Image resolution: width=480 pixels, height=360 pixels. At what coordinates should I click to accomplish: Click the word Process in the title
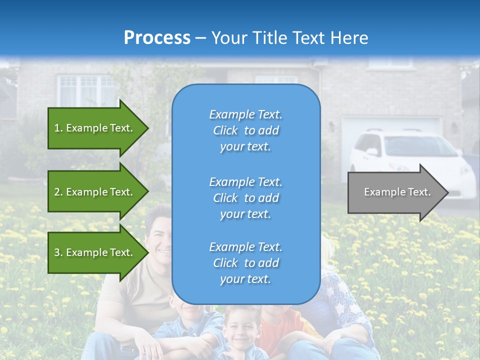(157, 38)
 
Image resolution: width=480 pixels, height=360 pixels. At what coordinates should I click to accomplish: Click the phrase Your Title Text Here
(289, 38)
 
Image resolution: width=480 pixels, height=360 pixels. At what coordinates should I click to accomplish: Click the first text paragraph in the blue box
(245, 130)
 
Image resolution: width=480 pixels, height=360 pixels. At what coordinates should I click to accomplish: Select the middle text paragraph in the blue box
(245, 198)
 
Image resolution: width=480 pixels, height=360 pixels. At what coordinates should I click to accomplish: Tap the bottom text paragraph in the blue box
(245, 263)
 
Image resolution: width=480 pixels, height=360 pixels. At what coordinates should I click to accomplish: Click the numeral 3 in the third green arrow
(56, 252)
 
